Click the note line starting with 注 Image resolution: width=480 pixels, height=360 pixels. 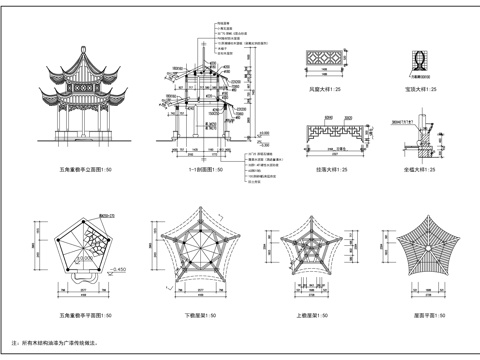pos(60,342)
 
